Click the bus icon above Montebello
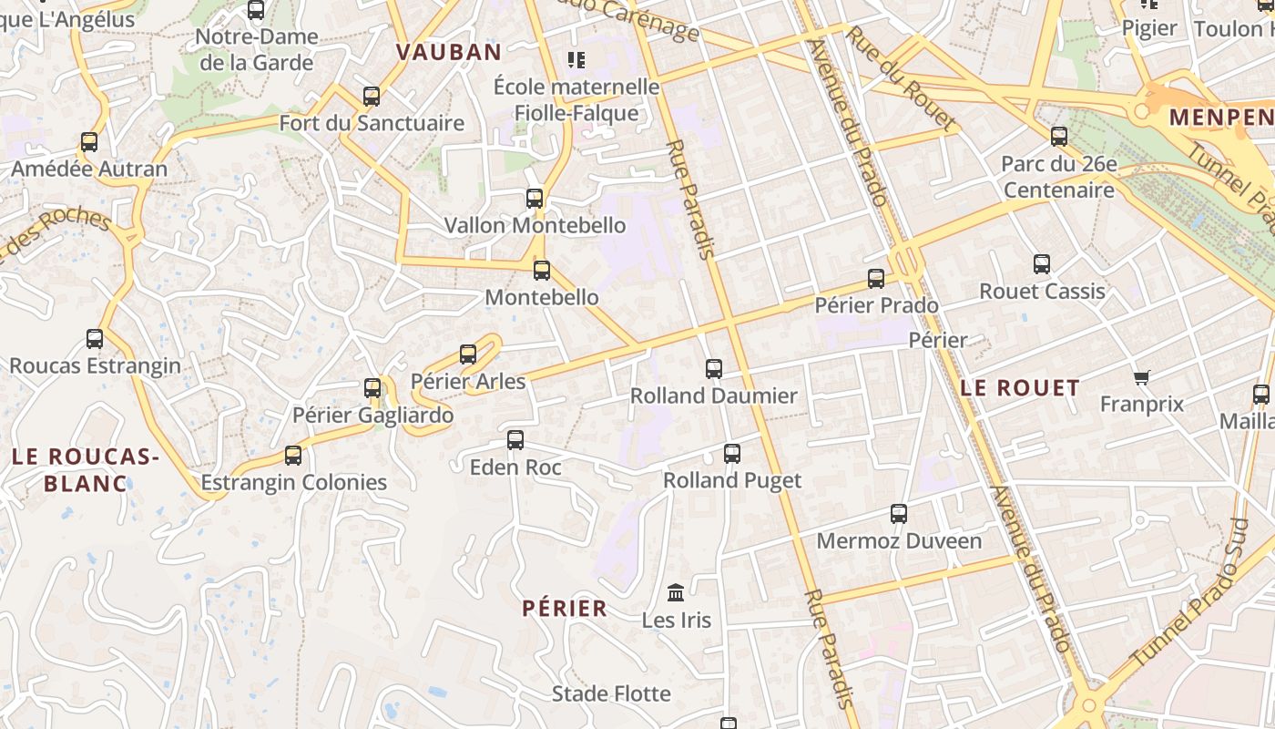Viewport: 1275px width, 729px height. click(542, 271)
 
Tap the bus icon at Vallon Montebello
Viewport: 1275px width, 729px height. click(535, 199)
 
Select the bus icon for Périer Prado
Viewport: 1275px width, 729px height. click(876, 279)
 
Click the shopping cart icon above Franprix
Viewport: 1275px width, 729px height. click(1142, 377)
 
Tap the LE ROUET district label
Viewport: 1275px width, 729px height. click(1020, 388)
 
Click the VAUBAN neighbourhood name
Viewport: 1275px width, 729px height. click(449, 52)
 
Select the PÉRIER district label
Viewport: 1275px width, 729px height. click(565, 609)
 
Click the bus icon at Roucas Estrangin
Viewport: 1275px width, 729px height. click(95, 339)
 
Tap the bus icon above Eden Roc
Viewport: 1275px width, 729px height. click(515, 440)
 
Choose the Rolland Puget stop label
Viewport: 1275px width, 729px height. click(732, 480)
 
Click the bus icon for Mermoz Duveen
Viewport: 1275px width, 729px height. click(899, 514)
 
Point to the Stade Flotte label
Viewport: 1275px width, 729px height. click(611, 694)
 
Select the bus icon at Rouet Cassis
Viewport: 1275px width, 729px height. click(1042, 265)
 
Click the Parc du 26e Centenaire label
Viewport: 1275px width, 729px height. click(1058, 177)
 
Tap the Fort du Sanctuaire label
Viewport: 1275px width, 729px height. click(372, 123)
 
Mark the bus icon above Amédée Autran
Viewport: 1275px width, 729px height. click(89, 142)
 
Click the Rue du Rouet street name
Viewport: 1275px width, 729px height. click(902, 77)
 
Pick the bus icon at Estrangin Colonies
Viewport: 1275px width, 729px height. click(293, 456)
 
